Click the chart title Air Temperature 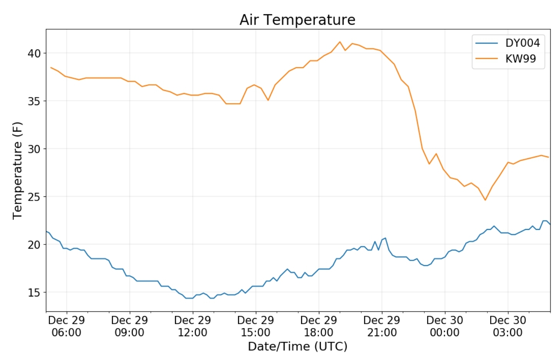[297, 20]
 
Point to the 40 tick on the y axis [34, 53]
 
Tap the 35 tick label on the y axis [34, 101]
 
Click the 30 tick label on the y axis [34, 149]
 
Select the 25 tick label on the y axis [34, 197]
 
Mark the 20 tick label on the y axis [34, 244]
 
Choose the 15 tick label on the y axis [34, 293]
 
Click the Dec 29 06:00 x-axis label [67, 326]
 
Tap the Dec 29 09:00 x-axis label [130, 326]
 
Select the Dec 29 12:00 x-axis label [193, 326]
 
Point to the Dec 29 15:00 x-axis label [256, 326]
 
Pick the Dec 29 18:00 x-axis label [319, 326]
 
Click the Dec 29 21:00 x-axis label [382, 326]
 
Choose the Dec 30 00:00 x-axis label [445, 326]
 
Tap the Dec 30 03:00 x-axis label [508, 326]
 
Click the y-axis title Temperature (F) [17, 170]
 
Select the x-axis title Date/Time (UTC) [297, 346]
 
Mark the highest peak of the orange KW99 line [340, 42]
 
